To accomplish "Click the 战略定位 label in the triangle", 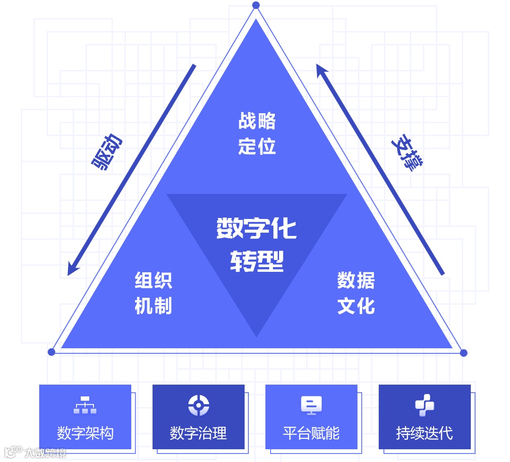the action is pos(257,134).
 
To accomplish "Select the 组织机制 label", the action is pos(153,293).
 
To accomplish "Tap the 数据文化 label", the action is pos(356,293).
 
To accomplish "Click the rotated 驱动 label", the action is pos(107,152).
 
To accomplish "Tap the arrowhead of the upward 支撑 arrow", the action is pos(321,69).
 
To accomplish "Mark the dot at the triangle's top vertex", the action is pos(256,5).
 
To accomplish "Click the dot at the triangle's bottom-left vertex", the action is pos(51,352).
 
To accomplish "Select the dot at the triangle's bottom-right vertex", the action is pos(463,353).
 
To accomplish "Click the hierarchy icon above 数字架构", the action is pos(85,405).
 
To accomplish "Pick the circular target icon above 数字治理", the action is pos(198,405).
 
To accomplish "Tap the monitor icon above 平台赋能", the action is pos(311,405).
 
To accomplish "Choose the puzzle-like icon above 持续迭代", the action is pos(425,405).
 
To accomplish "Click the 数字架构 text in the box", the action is pos(85,433).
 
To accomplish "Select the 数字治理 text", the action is pos(198,433).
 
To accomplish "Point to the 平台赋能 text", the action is pos(311,433).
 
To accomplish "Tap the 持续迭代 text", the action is pos(425,433).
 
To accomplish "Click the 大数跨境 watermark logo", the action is pos(35,453).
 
